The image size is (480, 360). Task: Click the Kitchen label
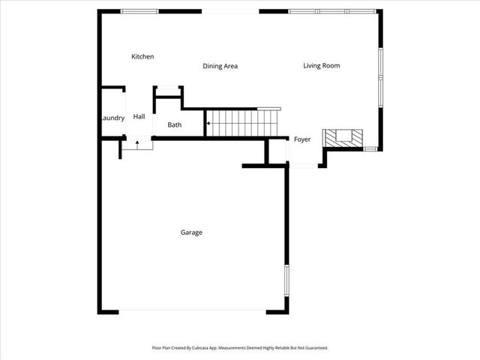pyautogui.click(x=142, y=57)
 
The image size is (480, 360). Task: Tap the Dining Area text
pyautogui.click(x=220, y=66)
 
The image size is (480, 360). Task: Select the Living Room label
pyautogui.click(x=321, y=66)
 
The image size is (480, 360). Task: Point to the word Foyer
pyautogui.click(x=301, y=139)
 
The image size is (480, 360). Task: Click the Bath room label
pyautogui.click(x=174, y=125)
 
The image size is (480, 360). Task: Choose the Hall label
pyautogui.click(x=139, y=117)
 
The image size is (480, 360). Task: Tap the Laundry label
pyautogui.click(x=112, y=118)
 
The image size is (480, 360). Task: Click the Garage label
pyautogui.click(x=191, y=232)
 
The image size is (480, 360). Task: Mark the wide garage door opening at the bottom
pyautogui.click(x=192, y=312)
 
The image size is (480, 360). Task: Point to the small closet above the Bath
pyautogui.click(x=168, y=93)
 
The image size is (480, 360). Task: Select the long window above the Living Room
pyautogui.click(x=331, y=11)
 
